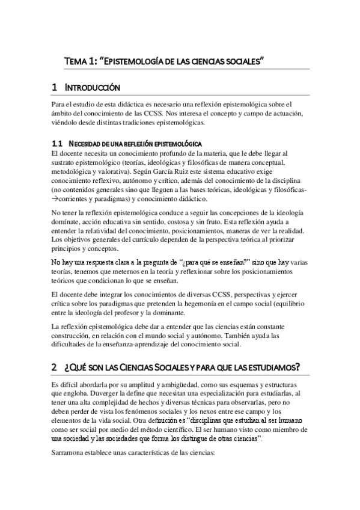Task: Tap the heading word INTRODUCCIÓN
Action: (96, 88)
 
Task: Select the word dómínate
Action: (66, 223)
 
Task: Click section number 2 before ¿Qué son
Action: (54, 367)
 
